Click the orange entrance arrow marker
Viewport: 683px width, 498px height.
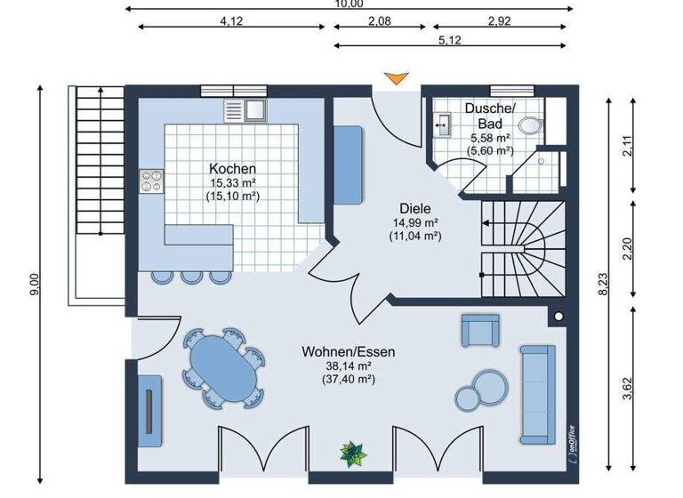pos(394,79)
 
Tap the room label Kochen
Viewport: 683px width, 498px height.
pos(232,168)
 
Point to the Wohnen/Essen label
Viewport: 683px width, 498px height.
pos(348,351)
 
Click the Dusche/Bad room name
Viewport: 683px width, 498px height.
pos(489,116)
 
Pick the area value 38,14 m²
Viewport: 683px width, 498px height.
pos(348,365)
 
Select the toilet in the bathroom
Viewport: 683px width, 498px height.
pos(531,125)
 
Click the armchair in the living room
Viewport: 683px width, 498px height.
pos(479,330)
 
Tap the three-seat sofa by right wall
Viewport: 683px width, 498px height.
pos(537,393)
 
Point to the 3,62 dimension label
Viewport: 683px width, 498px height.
pos(627,390)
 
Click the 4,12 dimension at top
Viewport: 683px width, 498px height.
pos(230,20)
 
